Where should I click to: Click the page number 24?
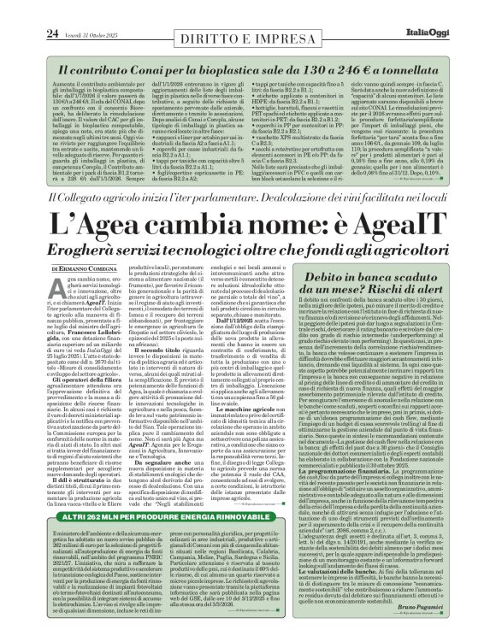click(27, 9)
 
